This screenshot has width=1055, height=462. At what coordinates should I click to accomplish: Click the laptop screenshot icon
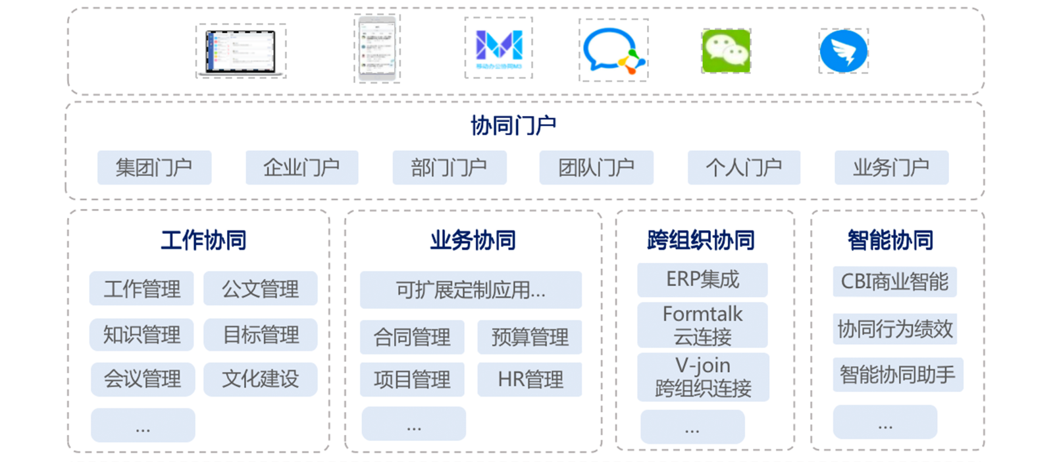tap(241, 51)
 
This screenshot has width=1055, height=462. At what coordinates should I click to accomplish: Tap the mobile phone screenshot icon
tap(377, 49)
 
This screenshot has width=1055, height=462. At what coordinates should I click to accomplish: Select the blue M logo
tap(499, 48)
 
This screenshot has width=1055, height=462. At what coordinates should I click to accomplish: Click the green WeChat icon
tap(726, 51)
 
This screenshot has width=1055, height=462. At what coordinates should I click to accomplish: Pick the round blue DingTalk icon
tap(843, 51)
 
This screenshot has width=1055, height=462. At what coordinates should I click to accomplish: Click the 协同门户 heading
tap(513, 125)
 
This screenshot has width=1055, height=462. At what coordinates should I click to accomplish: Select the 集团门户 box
tap(154, 167)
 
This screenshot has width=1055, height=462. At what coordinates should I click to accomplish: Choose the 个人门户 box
tap(744, 167)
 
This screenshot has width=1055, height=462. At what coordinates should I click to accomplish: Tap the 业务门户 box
tap(891, 167)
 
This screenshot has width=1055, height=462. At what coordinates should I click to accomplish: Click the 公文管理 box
tap(260, 289)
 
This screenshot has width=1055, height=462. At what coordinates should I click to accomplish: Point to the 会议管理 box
tap(142, 379)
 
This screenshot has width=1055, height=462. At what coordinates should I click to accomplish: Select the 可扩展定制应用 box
tap(471, 290)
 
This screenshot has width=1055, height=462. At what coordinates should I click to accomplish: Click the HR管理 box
tap(530, 380)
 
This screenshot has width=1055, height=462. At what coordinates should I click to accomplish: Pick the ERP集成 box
tap(702, 279)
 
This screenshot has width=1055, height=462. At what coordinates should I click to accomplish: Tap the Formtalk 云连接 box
tap(702, 325)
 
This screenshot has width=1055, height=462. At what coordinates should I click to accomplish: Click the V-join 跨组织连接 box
tap(703, 377)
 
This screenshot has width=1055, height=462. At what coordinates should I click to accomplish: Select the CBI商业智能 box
tap(894, 282)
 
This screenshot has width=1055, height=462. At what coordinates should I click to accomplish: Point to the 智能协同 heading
tap(890, 241)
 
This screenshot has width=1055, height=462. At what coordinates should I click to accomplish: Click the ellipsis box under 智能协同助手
tap(885, 422)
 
